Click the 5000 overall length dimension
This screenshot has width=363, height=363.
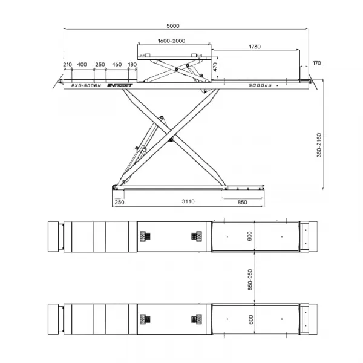(x=172, y=25)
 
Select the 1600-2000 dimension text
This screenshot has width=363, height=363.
(x=171, y=41)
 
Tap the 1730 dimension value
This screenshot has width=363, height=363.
(x=255, y=47)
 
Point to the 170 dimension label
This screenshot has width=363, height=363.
(x=316, y=63)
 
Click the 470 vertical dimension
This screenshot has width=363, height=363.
(x=215, y=67)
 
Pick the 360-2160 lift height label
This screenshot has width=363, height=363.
(x=319, y=145)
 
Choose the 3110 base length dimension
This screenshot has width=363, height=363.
(x=188, y=201)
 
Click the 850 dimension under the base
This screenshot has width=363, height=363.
(x=242, y=202)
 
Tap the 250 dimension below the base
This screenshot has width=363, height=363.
(x=119, y=202)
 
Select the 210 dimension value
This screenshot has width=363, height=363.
(x=68, y=64)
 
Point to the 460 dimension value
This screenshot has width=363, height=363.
(x=117, y=64)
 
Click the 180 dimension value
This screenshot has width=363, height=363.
(x=132, y=64)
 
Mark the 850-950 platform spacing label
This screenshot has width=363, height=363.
(x=250, y=280)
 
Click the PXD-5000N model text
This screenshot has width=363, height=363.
(x=86, y=86)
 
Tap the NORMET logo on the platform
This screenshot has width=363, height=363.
(x=120, y=86)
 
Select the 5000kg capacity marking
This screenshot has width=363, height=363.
(x=260, y=85)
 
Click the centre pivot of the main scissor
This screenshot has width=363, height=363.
(x=171, y=140)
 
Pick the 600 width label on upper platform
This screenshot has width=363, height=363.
(x=249, y=237)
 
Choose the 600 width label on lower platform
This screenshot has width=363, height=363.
(x=250, y=319)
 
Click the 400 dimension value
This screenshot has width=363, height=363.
(x=82, y=64)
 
